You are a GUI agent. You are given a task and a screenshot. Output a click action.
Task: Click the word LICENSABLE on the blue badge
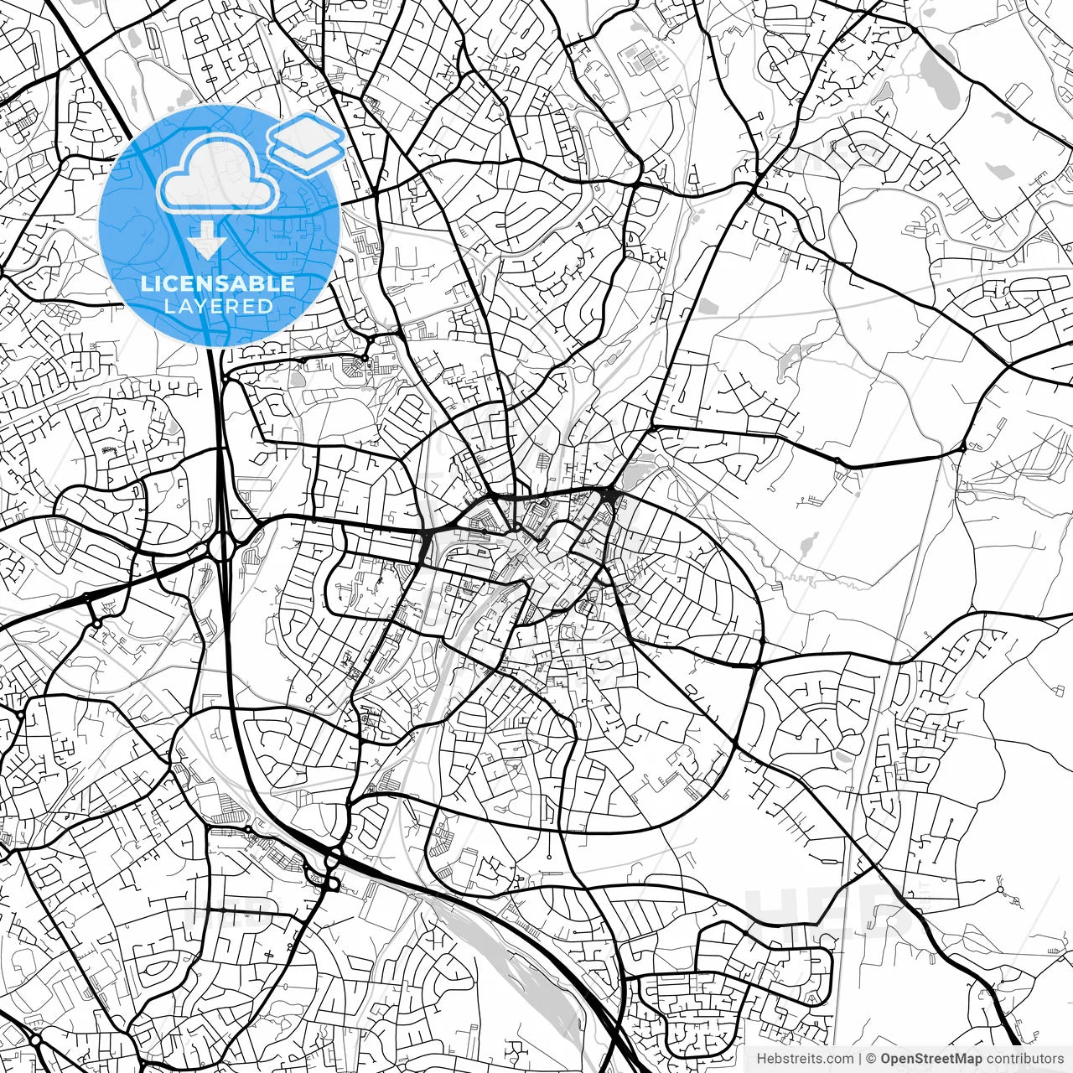tap(218, 283)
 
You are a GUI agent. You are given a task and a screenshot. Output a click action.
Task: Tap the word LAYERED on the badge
tap(218, 306)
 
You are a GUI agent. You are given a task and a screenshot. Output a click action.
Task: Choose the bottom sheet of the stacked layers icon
tap(307, 156)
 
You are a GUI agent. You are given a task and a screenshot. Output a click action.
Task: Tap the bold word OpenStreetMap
tap(931, 1059)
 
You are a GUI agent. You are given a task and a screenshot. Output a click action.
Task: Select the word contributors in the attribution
tap(1024, 1059)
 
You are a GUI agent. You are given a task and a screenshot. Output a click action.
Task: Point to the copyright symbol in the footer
tap(871, 1059)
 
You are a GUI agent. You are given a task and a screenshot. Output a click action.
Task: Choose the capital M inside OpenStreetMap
tap(956, 1059)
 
